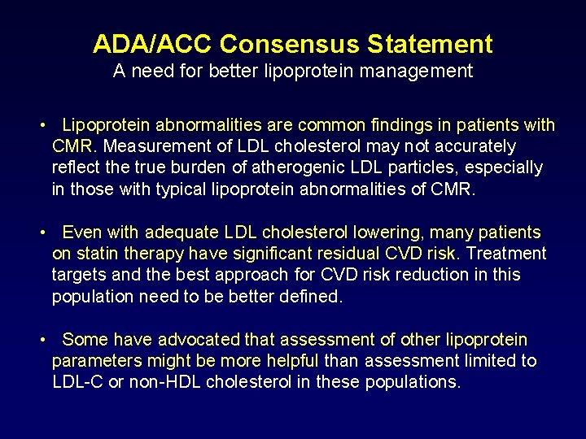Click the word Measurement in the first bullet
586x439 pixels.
[151, 146]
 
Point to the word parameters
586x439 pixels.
[92, 360]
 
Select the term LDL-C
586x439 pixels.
[77, 381]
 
